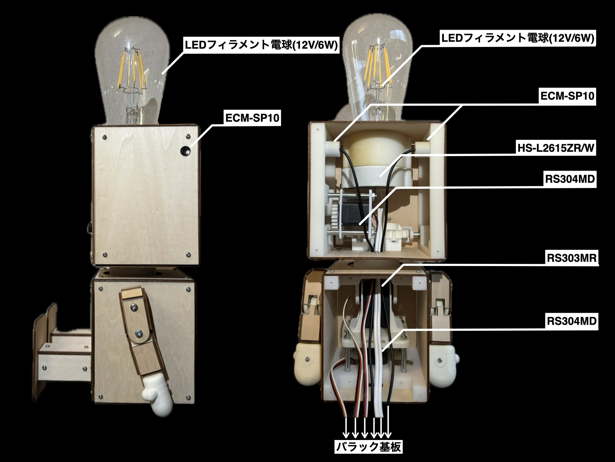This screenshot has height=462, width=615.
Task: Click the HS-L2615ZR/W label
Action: point(556,148)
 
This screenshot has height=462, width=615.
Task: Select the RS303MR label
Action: point(572,258)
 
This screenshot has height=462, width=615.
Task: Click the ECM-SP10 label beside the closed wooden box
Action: point(252,118)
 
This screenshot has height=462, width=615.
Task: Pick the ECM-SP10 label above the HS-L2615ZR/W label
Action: point(567,96)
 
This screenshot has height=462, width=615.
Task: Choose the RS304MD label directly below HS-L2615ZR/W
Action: point(570,179)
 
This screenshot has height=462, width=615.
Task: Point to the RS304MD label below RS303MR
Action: point(572,321)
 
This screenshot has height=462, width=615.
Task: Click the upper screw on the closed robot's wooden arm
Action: point(134,307)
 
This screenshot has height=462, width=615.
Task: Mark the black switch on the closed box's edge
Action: point(89,228)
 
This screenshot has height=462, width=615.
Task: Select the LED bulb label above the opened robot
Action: point(518,38)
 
